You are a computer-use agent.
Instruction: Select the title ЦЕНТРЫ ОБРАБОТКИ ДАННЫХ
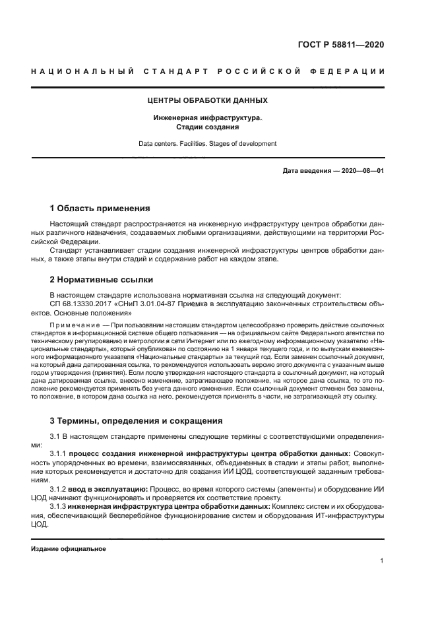pos(207,101)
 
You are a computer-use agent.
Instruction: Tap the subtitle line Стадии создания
pos(207,127)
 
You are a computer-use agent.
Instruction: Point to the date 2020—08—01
pos(361,171)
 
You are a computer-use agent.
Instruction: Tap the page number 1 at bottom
pos(382,561)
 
